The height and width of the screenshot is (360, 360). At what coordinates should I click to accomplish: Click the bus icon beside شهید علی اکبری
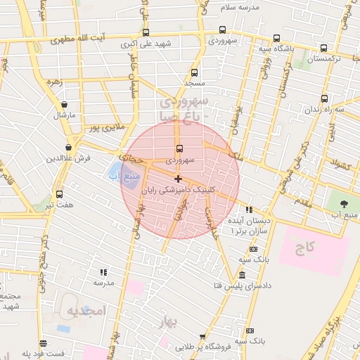[x=146, y=32]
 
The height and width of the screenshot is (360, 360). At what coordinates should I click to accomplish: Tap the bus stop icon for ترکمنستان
[x=323, y=49]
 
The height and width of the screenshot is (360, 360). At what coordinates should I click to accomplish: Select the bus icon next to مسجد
[x=195, y=72]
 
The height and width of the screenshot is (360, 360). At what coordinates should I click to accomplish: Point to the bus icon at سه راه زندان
[x=325, y=99]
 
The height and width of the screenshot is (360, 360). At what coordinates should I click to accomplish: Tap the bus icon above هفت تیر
[x=59, y=194]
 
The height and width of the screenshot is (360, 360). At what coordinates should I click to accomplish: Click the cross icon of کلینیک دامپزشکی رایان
[x=178, y=179]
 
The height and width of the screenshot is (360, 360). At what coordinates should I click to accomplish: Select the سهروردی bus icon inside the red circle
[x=179, y=149]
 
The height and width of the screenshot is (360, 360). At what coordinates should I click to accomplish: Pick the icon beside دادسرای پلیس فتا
[x=243, y=275]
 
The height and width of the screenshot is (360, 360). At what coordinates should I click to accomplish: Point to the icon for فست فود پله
[x=44, y=344]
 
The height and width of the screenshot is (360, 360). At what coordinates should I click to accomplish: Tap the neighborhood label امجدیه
[x=86, y=311]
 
